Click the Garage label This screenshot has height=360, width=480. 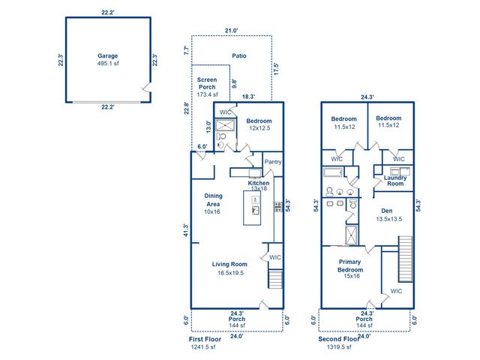click(108, 55)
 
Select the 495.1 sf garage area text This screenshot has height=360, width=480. click(108, 64)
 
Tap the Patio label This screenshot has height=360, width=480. click(238, 55)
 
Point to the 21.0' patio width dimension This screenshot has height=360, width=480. click(232, 31)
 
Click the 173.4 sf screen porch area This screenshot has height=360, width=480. click(207, 95)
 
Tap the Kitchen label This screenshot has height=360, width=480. click(259, 183)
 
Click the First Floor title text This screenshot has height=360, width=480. click(205, 339)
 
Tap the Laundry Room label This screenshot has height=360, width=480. click(394, 181)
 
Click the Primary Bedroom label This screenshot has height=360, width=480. click(349, 265)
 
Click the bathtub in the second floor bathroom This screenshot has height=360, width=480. click(334, 172)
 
